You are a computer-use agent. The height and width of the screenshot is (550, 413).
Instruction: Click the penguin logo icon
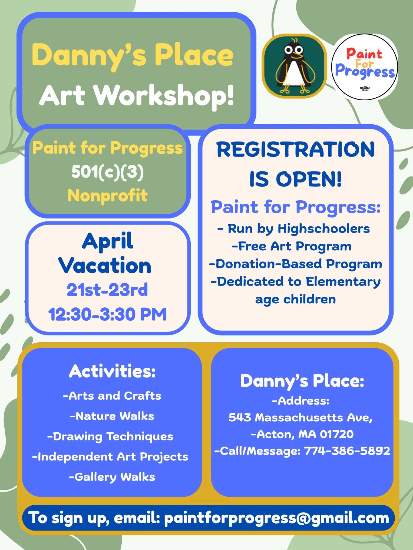click(294, 66)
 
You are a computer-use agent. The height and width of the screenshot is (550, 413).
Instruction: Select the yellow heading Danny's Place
click(133, 55)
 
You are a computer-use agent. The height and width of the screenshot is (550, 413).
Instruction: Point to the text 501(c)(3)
click(108, 172)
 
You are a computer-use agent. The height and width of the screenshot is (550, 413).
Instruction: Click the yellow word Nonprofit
click(108, 196)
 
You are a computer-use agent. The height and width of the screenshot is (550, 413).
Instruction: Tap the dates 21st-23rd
click(107, 290)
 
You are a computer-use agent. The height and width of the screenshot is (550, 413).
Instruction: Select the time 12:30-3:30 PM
click(107, 314)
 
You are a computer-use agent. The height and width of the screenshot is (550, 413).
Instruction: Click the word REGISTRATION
click(295, 150)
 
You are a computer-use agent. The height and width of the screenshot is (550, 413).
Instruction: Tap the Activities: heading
click(112, 371)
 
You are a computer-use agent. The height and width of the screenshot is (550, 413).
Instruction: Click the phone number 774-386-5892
click(347, 451)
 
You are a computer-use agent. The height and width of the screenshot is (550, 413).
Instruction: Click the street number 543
click(240, 417)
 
